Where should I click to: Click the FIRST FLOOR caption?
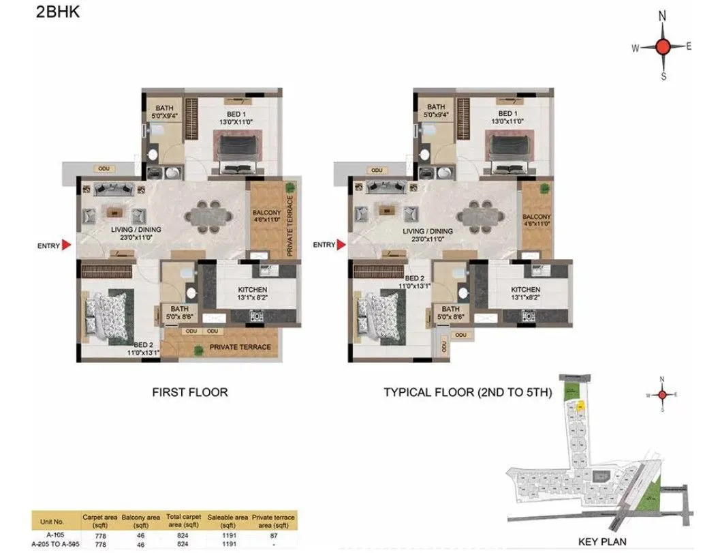189,393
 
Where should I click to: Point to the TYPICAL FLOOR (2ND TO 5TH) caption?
467,393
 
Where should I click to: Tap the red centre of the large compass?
663,47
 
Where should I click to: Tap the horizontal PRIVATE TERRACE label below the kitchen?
240,347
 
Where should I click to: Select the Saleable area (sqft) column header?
228,522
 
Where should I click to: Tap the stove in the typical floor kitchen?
527,316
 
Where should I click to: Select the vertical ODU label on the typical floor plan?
444,346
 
